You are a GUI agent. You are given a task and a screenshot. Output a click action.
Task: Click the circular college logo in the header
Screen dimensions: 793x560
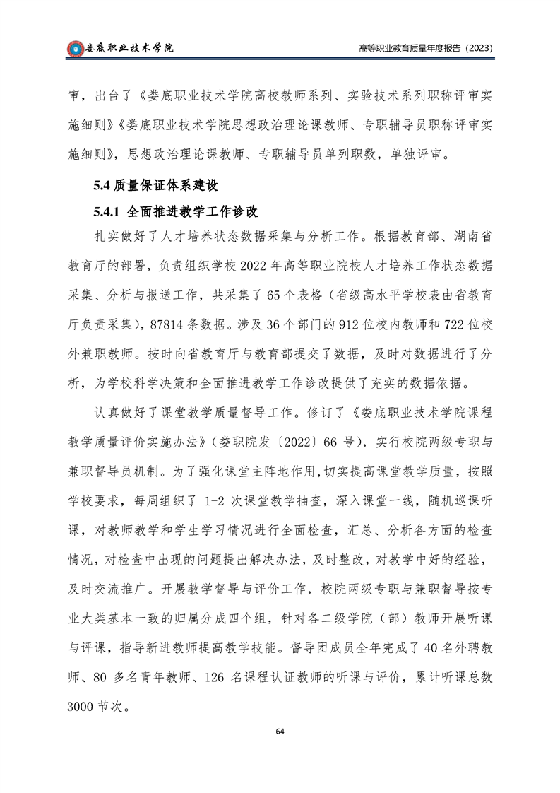74,48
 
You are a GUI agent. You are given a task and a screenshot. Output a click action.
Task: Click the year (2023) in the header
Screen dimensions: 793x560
477,48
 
